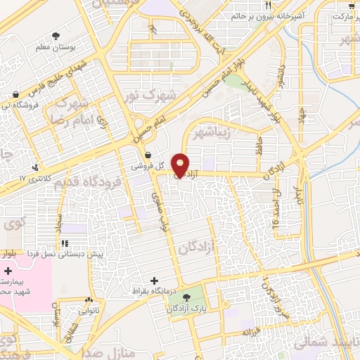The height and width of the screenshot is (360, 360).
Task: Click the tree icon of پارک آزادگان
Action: coord(186,299)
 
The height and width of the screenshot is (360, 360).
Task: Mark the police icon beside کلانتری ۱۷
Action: coord(35,167)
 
